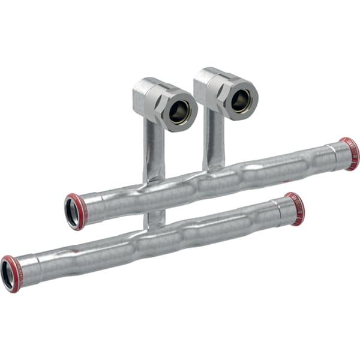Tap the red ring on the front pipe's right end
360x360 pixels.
[x=295, y=209]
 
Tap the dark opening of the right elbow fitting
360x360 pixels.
[x=241, y=100]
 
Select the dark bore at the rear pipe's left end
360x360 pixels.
[x=71, y=213]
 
